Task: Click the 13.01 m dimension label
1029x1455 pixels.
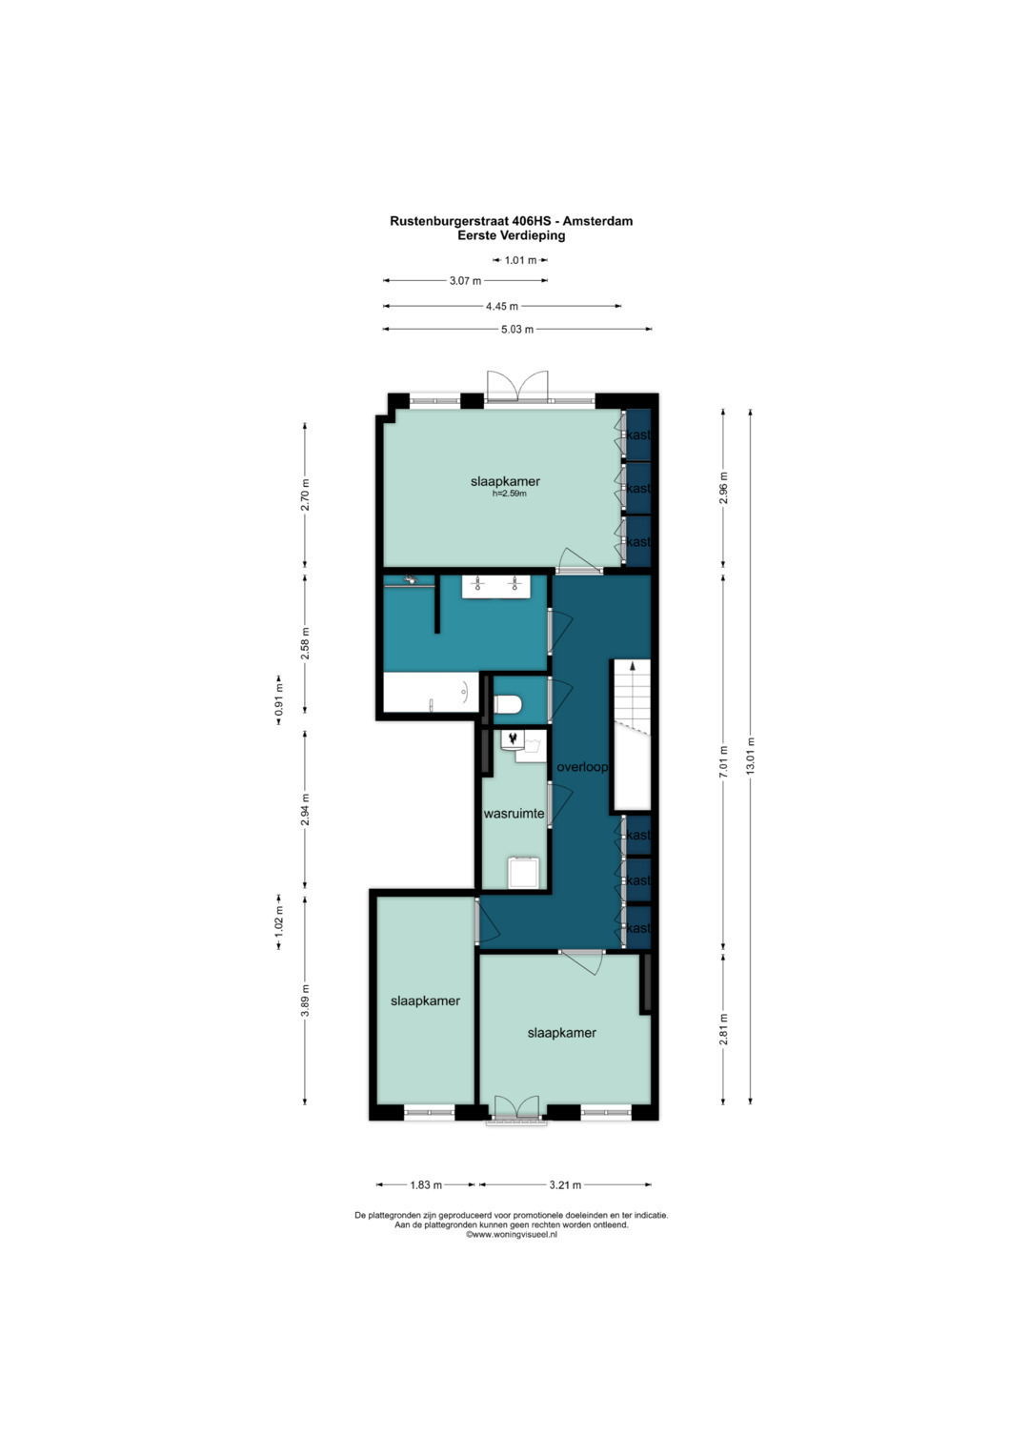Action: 751,756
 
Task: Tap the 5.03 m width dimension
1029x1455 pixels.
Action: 517,330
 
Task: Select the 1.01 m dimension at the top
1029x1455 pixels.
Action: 521,260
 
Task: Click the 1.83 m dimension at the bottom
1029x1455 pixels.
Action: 426,1184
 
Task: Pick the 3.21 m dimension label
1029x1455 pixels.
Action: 565,1184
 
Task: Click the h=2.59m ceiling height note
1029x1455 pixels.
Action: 510,494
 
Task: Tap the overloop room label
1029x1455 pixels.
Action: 582,767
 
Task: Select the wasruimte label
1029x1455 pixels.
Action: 514,813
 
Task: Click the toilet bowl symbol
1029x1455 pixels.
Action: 508,704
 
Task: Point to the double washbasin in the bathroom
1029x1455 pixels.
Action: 496,587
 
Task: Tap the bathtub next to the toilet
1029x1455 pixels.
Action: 431,693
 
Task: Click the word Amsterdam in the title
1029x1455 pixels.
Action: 597,221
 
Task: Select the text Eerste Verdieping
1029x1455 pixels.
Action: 512,235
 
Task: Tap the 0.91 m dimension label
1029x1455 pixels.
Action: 278,699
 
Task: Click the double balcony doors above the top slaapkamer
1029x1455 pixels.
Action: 517,387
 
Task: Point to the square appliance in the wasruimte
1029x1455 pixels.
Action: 524,873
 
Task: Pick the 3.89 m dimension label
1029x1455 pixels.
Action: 305,1001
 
